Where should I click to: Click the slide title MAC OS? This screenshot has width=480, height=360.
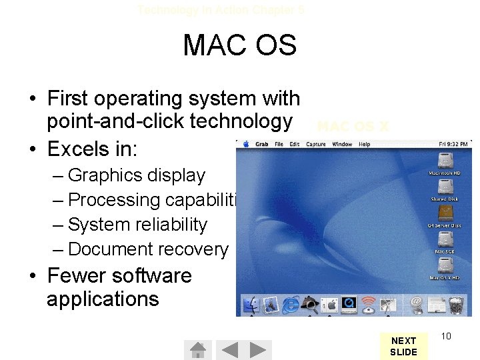(239, 45)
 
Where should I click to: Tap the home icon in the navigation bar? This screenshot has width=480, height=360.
(197, 350)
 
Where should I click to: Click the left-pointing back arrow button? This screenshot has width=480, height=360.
(229, 350)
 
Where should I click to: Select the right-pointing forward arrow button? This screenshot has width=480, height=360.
(260, 350)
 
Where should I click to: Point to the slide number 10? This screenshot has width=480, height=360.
(446, 336)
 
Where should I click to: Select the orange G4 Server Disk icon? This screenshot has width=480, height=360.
(445, 213)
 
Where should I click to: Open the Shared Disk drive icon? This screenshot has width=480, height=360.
(445, 187)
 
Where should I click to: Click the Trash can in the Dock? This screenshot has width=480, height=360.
(457, 305)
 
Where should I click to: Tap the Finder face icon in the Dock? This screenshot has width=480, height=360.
(251, 305)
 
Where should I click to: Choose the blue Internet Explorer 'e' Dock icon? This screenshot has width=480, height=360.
(289, 305)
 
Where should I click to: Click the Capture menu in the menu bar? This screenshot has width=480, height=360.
(315, 144)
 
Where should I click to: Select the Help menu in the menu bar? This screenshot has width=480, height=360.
(364, 144)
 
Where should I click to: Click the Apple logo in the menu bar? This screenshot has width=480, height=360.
(245, 144)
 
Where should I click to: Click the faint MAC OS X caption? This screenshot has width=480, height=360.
(353, 126)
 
